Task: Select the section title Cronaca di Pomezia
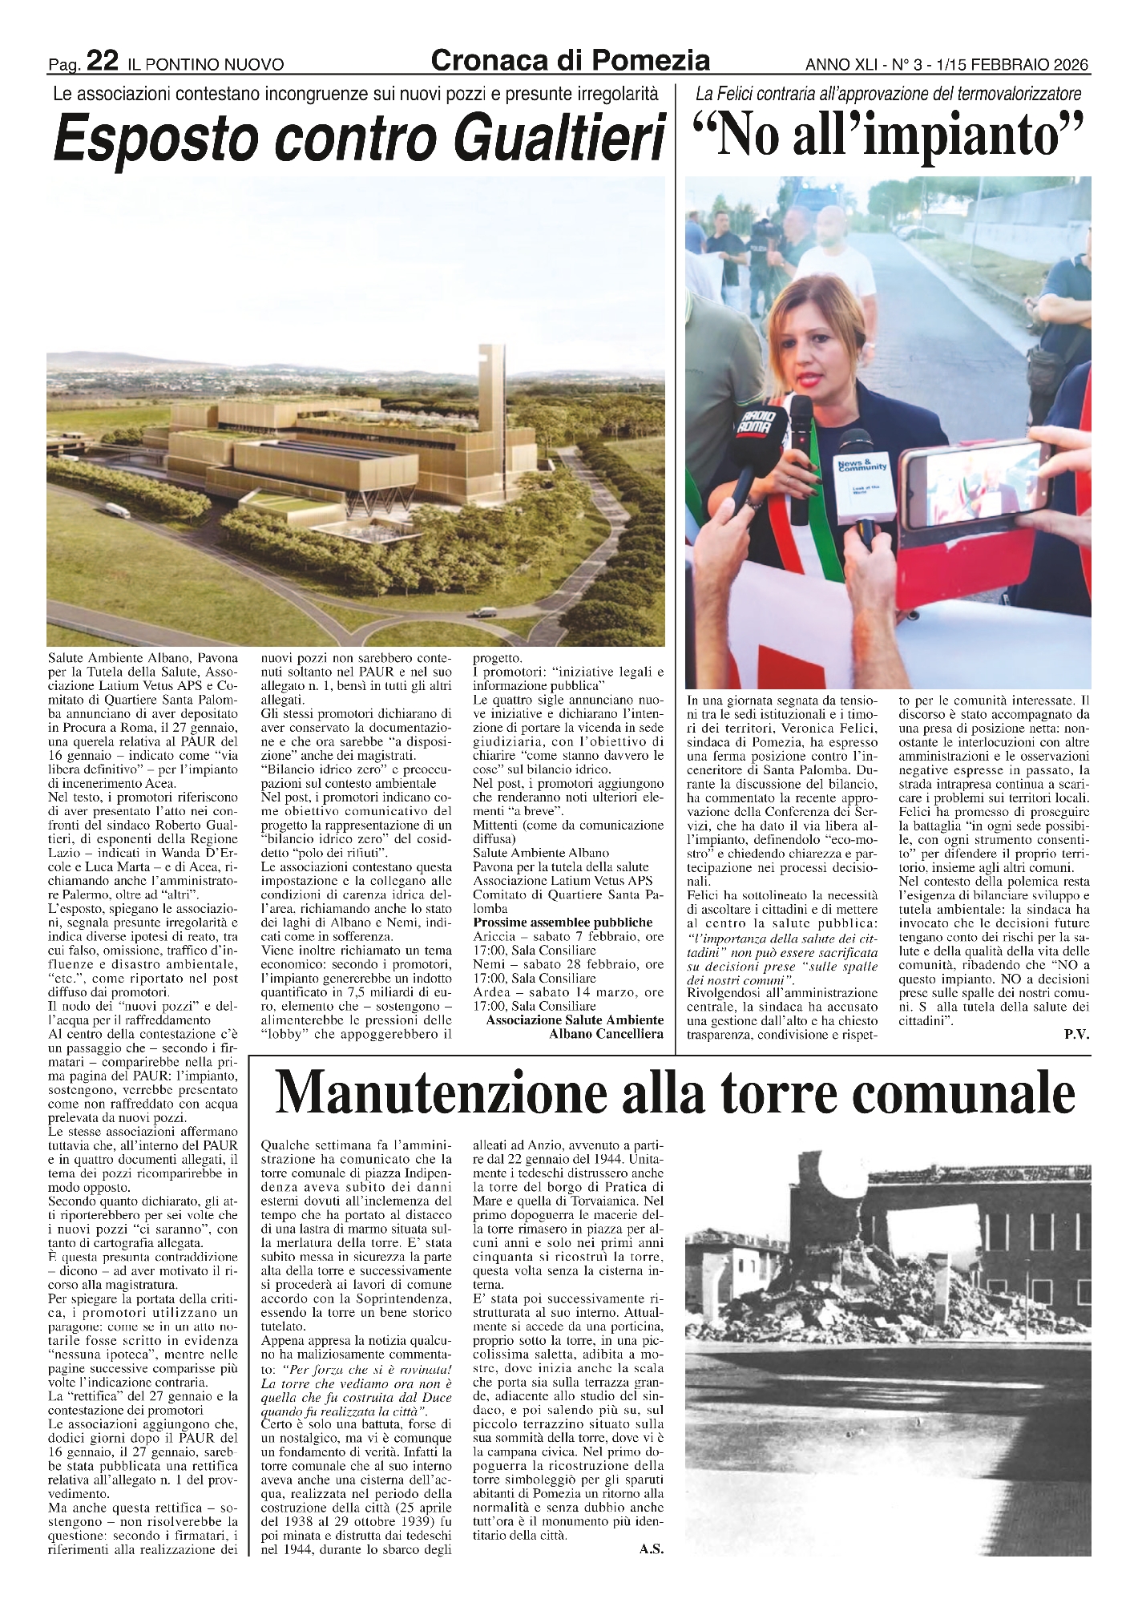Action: pyautogui.click(x=570, y=60)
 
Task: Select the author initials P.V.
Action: pyautogui.click(x=1076, y=1035)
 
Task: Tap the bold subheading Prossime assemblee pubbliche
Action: pyautogui.click(x=563, y=923)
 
